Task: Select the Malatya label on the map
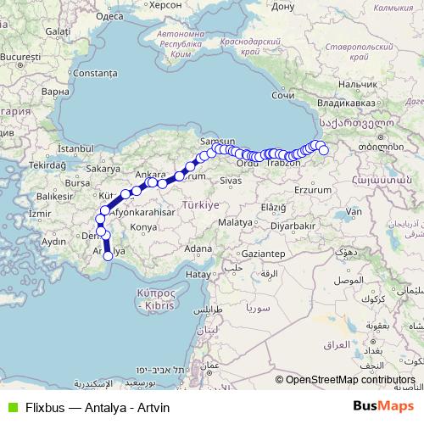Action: tap(235, 220)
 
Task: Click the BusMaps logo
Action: tap(385, 407)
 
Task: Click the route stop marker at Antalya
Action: tap(108, 255)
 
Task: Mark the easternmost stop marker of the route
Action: tap(324, 150)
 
